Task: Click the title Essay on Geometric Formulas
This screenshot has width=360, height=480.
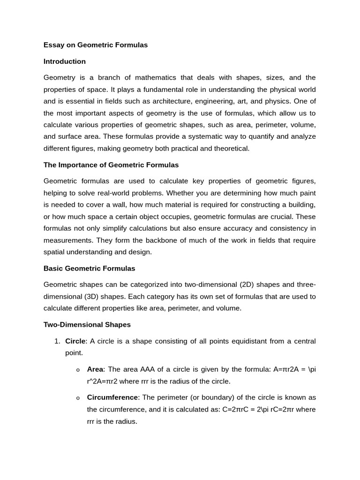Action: point(96,45)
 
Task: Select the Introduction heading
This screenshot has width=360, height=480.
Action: point(65,61)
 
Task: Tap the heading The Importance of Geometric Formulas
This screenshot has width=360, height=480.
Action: point(111,165)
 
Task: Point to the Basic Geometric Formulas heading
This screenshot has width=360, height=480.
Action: point(89,269)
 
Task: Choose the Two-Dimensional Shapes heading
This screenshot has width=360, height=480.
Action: point(87,325)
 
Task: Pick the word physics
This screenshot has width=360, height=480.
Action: point(278,101)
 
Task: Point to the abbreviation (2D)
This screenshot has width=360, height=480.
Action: point(248,285)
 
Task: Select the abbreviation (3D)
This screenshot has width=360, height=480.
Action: point(95,297)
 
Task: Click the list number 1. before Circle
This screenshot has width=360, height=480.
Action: point(58,341)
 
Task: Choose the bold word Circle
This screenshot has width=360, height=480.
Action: point(75,341)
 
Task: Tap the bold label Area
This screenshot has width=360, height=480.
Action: point(95,369)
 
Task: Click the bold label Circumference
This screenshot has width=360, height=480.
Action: point(112,397)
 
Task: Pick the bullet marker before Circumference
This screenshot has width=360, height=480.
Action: point(78,398)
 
